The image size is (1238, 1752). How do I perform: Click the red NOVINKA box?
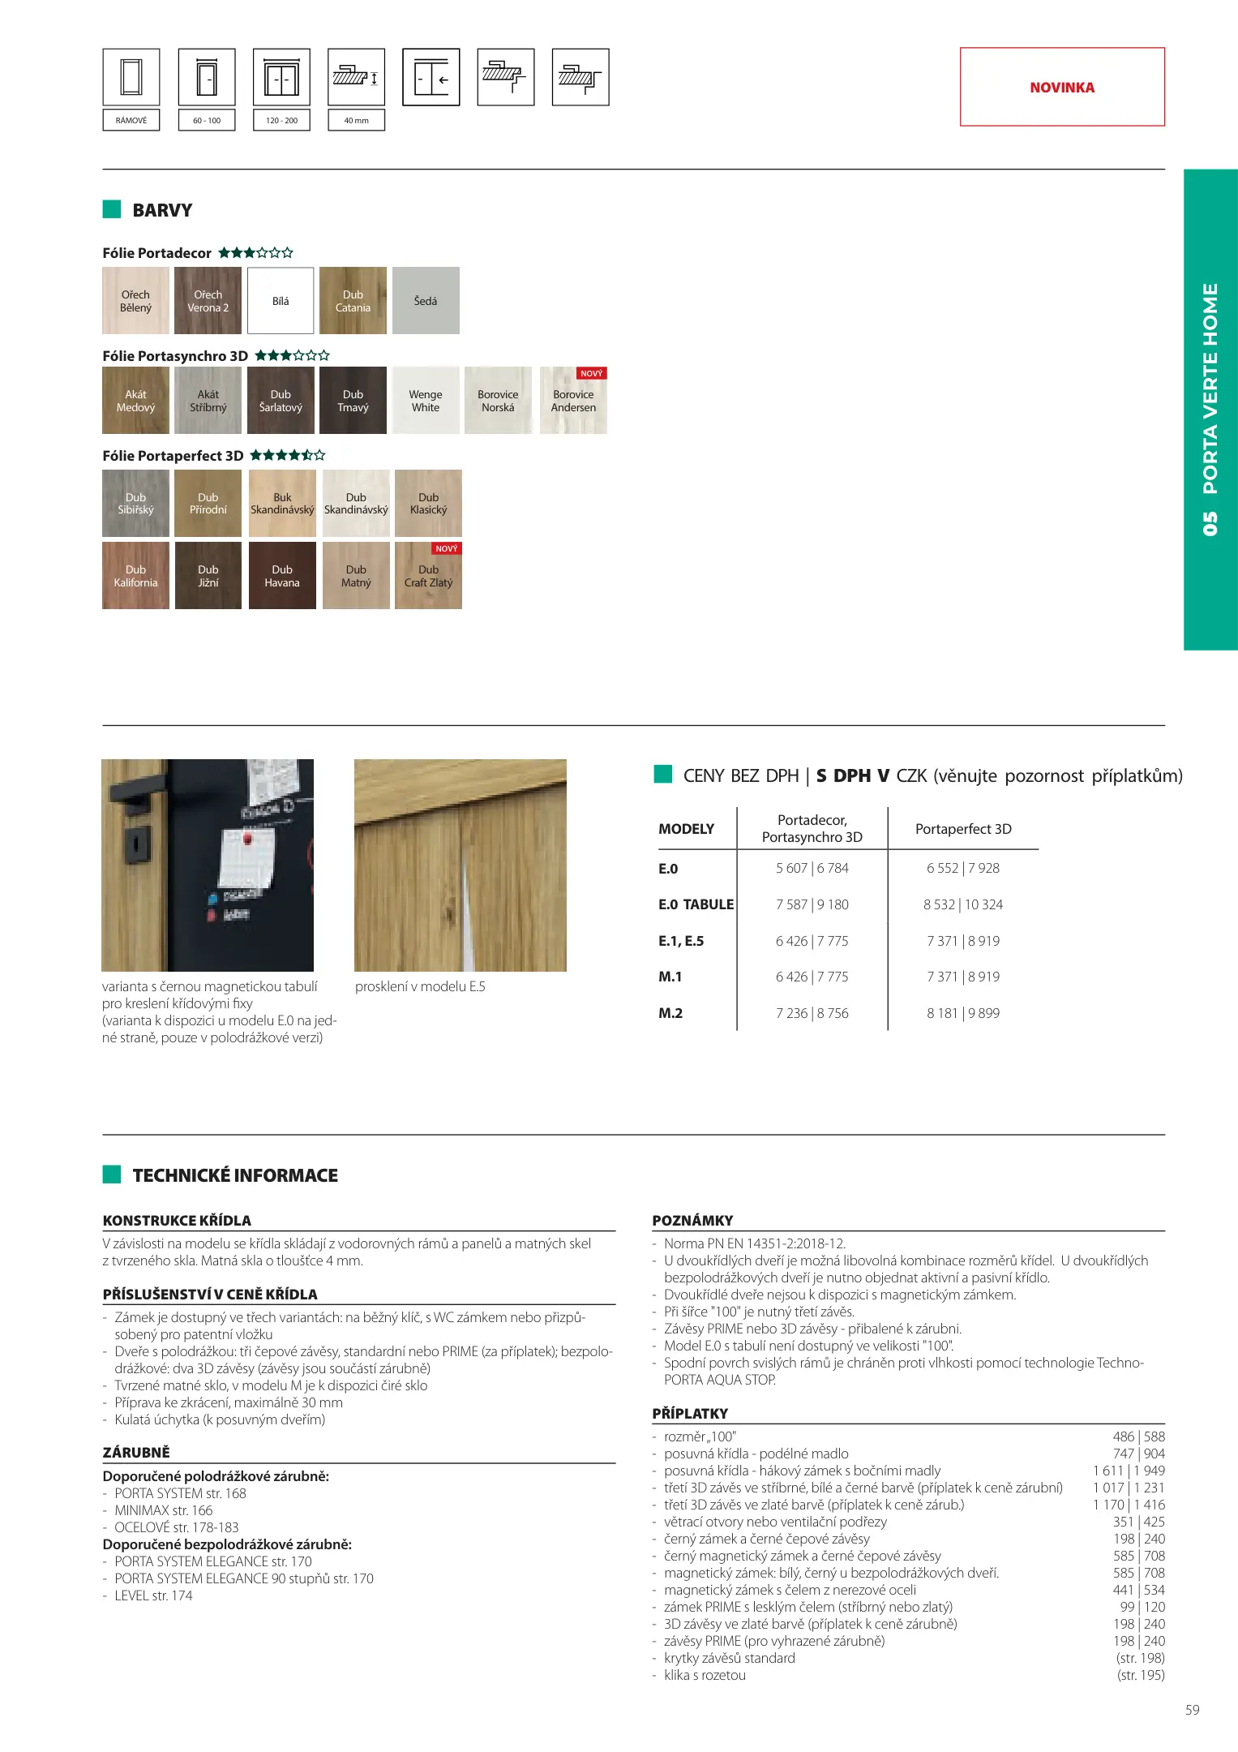click(x=1062, y=87)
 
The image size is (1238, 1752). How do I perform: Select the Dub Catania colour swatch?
click(x=353, y=301)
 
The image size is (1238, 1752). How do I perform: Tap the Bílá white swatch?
click(x=281, y=301)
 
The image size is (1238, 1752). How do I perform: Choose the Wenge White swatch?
click(x=425, y=401)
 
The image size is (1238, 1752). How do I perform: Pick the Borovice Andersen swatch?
click(x=573, y=401)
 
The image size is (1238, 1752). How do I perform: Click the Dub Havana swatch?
click(x=282, y=576)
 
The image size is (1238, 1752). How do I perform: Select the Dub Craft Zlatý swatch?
click(x=428, y=576)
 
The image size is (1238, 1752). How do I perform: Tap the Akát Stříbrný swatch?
click(x=208, y=401)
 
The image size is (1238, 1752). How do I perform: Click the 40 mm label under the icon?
click(x=356, y=120)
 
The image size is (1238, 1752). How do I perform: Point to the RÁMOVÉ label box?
click(x=131, y=120)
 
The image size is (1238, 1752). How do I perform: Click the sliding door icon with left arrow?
click(x=431, y=78)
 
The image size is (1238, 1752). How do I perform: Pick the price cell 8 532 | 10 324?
click(x=962, y=904)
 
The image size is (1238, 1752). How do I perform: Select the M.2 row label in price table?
click(x=670, y=1013)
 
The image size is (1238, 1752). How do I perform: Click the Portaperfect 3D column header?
click(x=963, y=829)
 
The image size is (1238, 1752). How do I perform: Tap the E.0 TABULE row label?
click(x=696, y=904)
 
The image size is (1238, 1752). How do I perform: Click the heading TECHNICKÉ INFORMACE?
click(x=235, y=1175)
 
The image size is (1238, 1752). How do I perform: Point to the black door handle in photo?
click(x=130, y=815)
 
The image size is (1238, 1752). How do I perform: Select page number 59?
click(x=1192, y=1710)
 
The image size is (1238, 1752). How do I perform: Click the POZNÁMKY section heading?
click(x=692, y=1221)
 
